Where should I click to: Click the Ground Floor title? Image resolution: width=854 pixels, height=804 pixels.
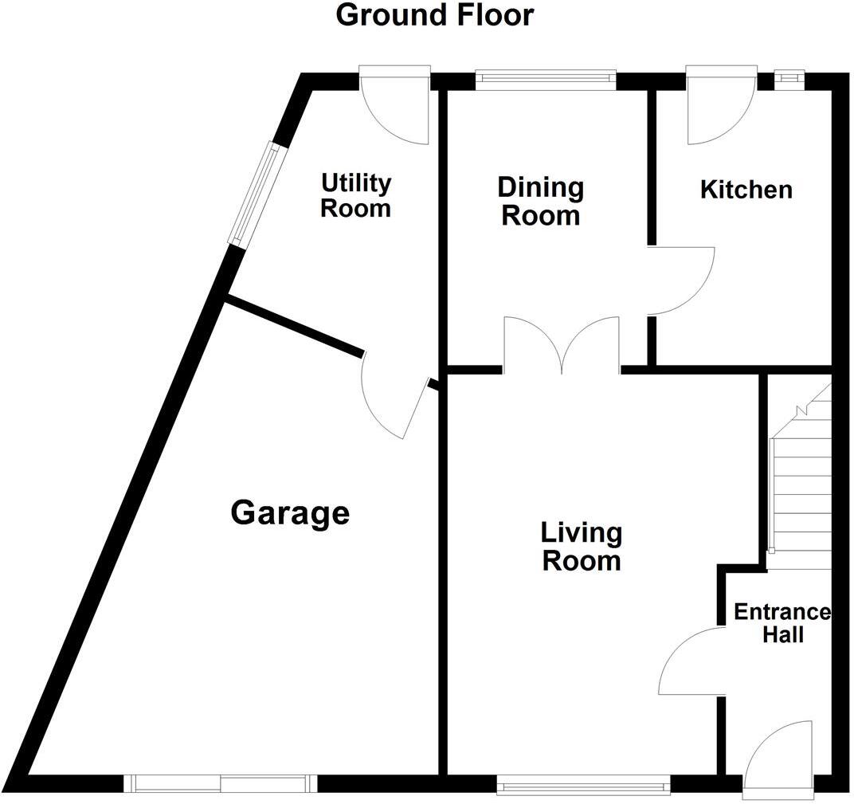coord(434,15)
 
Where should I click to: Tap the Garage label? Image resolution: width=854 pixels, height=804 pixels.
coord(290,512)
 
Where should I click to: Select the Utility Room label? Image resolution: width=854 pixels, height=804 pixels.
coord(355,195)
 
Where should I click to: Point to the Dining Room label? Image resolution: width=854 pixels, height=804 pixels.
coord(540,202)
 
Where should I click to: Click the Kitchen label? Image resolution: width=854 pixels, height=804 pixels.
coord(746,190)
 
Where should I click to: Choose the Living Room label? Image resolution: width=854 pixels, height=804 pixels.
coord(581,546)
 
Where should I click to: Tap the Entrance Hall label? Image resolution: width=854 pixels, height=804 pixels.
coord(782,623)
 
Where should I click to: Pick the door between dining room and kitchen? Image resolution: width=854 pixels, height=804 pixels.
coord(679,280)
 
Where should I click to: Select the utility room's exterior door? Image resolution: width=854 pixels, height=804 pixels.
coord(395,108)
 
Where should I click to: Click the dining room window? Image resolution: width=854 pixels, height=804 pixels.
coord(546,79)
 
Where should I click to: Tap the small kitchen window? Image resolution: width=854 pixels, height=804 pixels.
coord(789,78)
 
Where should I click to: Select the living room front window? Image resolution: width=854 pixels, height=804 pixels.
coord(583,787)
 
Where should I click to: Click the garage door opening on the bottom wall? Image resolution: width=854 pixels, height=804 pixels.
coord(221,784)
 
